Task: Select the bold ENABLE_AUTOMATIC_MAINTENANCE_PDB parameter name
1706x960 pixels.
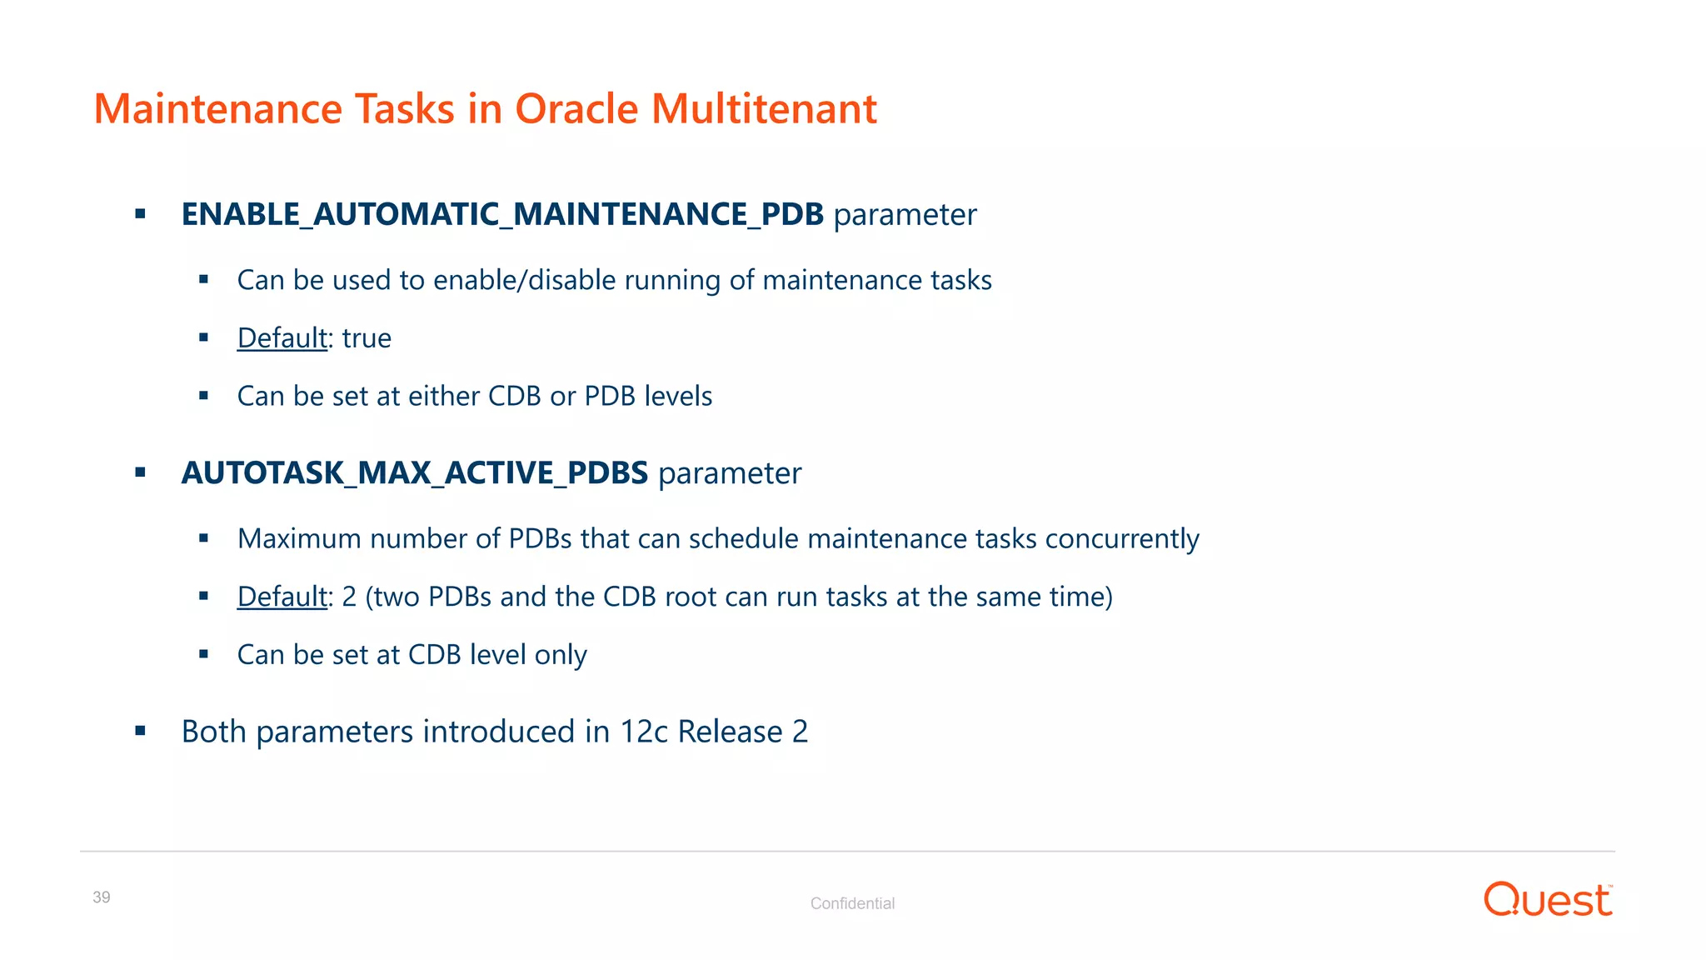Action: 502,215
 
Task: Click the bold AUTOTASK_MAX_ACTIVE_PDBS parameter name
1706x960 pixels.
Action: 414,473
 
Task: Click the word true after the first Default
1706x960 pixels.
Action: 367,338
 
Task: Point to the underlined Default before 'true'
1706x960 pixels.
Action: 282,338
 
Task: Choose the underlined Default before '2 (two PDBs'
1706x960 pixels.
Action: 282,597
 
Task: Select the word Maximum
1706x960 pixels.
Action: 299,539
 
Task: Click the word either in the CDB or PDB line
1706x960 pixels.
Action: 443,397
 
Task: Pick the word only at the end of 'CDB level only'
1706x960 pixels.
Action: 560,655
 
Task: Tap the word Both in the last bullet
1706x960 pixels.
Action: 213,732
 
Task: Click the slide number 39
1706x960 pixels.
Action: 102,897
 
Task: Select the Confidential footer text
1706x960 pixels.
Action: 852,903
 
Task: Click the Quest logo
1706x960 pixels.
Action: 1547,900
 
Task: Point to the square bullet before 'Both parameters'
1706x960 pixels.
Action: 140,731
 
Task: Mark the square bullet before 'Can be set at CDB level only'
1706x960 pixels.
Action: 203,654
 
